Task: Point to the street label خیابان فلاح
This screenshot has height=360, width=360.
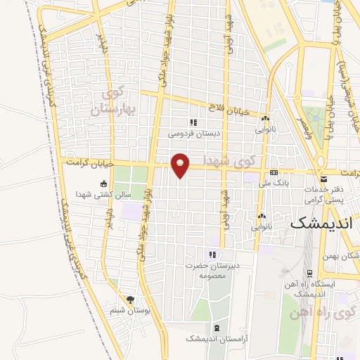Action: [230, 108]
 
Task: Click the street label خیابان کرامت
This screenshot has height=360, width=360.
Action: [89, 162]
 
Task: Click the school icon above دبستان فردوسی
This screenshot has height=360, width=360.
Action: [193, 122]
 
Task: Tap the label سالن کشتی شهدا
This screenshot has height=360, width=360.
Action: [104, 194]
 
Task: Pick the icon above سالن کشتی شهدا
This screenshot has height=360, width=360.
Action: [104, 184]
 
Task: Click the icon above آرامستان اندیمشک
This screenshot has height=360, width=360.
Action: [216, 328]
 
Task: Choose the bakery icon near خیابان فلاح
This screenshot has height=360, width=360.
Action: [264, 119]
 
